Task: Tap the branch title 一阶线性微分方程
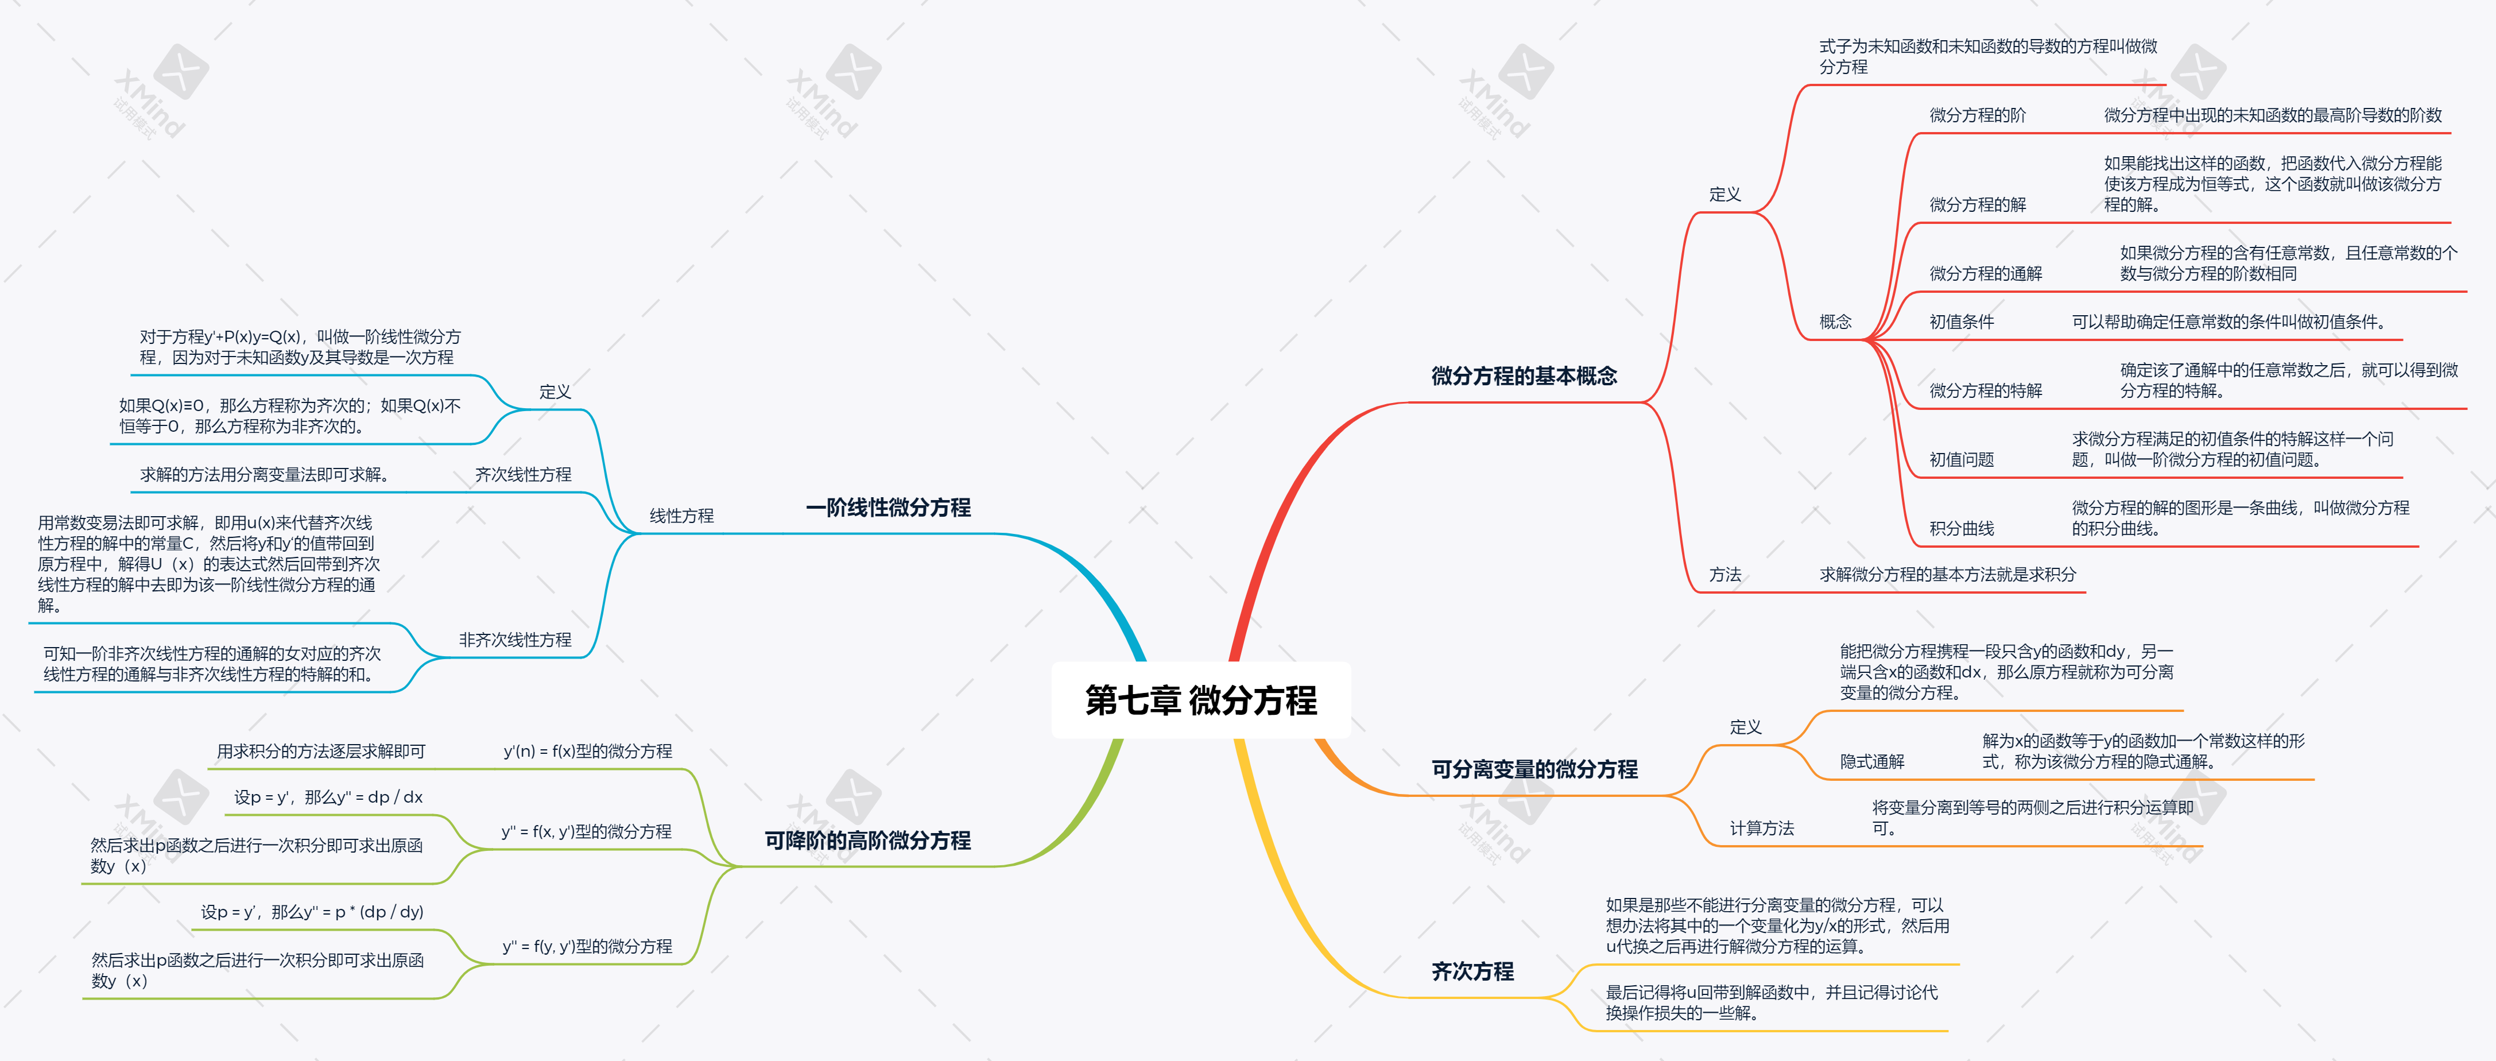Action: [x=887, y=508]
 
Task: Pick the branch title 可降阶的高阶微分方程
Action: [x=867, y=840]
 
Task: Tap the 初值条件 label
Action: [x=1961, y=322]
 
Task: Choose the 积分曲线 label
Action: [x=1961, y=528]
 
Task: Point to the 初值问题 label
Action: [x=1961, y=459]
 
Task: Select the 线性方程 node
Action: [x=681, y=516]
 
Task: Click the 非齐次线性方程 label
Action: [x=514, y=640]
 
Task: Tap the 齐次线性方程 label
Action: [x=522, y=474]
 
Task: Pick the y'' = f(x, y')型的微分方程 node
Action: [x=586, y=831]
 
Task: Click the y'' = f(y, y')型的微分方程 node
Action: [x=586, y=946]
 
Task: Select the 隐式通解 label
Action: [x=1872, y=762]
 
